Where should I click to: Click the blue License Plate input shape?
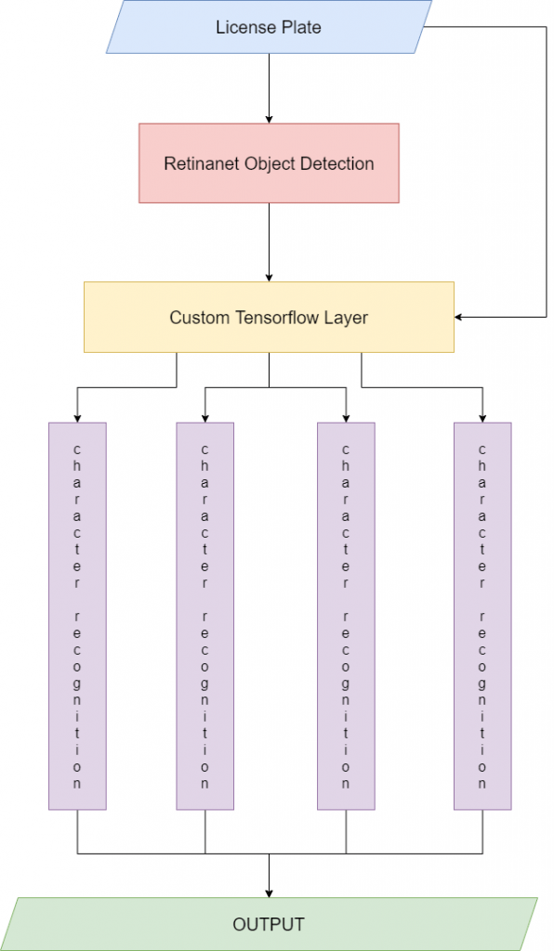pyautogui.click(x=269, y=27)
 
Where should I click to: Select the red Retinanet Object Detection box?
pyautogui.click(x=269, y=163)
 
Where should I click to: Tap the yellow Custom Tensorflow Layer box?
pyautogui.click(x=269, y=318)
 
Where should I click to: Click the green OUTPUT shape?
pyautogui.click(x=269, y=924)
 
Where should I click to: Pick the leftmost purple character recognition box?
pyautogui.click(x=77, y=616)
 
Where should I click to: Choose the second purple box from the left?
pyautogui.click(x=205, y=616)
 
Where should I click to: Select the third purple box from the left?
pyautogui.click(x=346, y=616)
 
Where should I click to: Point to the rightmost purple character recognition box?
pyautogui.click(x=482, y=616)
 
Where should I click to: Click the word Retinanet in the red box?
pyautogui.click(x=199, y=163)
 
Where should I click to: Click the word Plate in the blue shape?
pyautogui.click(x=300, y=27)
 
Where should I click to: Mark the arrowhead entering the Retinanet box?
pyautogui.click(x=269, y=119)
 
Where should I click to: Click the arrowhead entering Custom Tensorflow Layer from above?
pyautogui.click(x=269, y=277)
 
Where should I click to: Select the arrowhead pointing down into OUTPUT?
pyautogui.click(x=269, y=892)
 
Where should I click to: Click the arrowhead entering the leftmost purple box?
pyautogui.click(x=77, y=417)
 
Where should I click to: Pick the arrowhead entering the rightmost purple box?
pyautogui.click(x=482, y=417)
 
